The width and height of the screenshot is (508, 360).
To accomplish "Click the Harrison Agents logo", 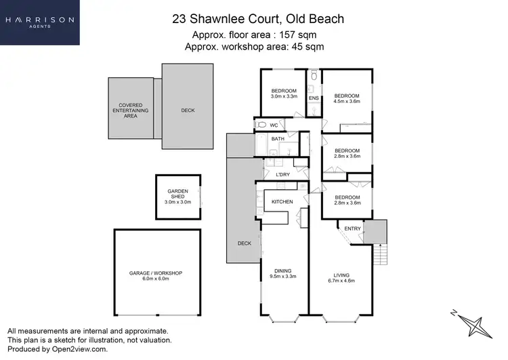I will point(40,22).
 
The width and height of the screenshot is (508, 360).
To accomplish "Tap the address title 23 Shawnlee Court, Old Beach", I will point(258,19).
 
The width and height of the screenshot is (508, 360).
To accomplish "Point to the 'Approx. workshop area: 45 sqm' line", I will point(258,47).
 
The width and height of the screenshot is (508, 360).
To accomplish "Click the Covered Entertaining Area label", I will point(130,111).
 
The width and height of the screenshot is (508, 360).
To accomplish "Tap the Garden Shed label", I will point(178,197).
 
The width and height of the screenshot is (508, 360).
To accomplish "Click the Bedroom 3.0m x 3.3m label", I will point(284,94).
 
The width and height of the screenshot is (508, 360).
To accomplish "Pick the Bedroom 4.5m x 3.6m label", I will point(346,98).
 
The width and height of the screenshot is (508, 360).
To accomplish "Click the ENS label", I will point(314,98).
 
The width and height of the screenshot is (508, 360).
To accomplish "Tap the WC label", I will point(274,125).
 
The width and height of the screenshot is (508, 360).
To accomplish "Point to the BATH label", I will point(278,139).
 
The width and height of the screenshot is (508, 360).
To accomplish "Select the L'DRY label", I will point(283,175).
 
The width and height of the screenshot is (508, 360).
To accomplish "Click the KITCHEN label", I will point(282,202).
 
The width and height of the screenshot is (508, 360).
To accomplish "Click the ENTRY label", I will point(352,228).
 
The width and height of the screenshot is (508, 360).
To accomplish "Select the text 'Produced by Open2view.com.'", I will point(57,349).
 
